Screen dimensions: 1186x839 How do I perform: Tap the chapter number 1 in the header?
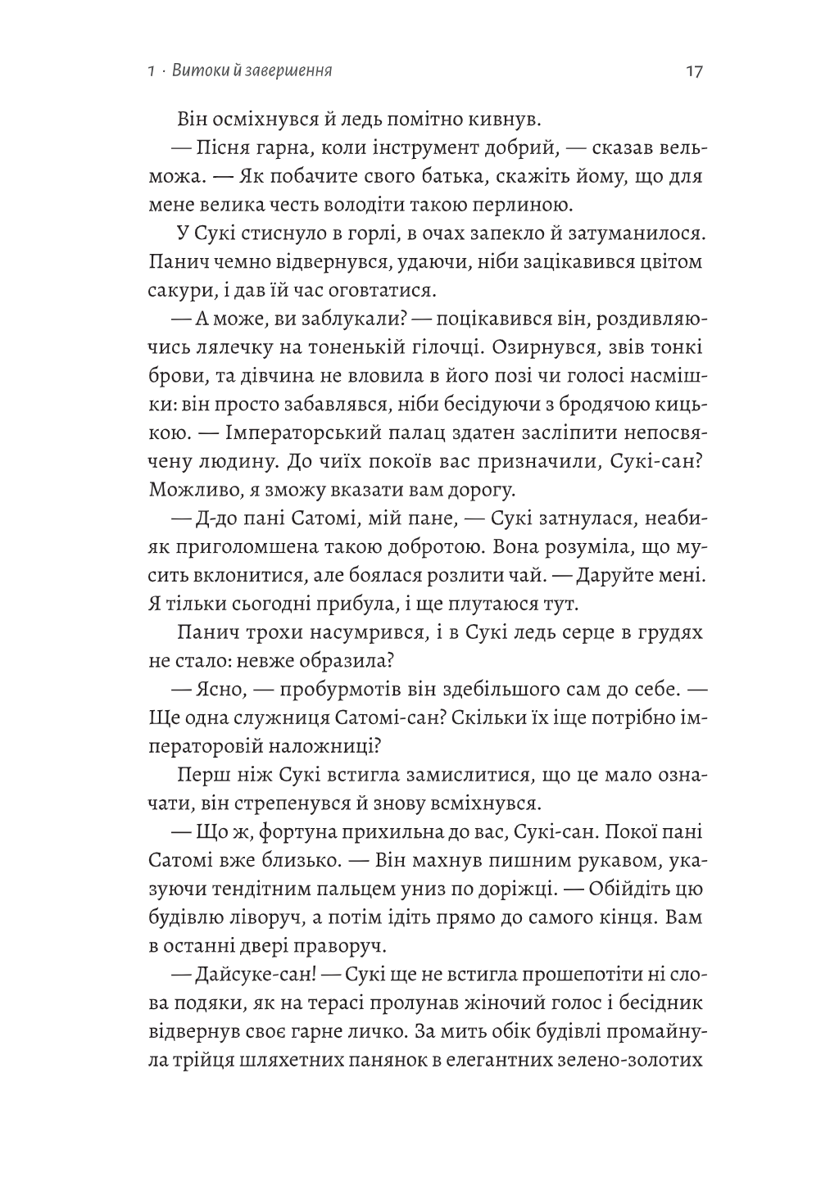(144, 71)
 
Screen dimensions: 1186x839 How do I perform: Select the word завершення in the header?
(288, 71)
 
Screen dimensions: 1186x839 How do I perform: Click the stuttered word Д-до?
(218, 518)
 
